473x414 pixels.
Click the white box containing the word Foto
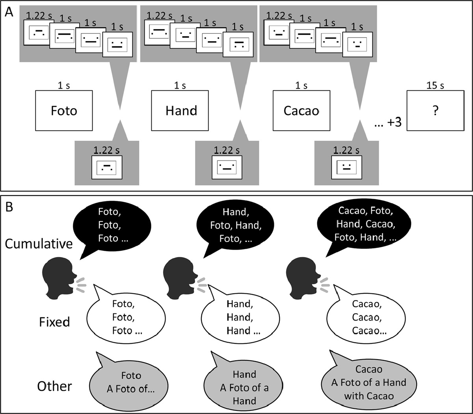point(64,110)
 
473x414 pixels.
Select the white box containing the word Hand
point(181,110)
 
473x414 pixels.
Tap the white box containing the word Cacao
point(302,110)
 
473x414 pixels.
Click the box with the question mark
point(435,111)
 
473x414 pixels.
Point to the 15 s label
point(435,86)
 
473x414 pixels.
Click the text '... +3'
point(388,122)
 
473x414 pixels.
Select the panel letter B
point(9,207)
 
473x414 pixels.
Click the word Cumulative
point(39,244)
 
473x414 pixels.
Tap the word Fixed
point(54,322)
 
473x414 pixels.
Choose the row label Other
point(54,386)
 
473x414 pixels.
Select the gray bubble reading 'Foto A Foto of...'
point(130,382)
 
